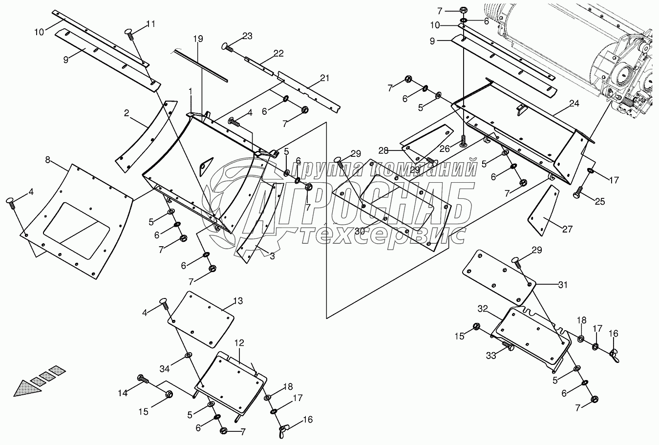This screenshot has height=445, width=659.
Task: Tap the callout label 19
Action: (197, 38)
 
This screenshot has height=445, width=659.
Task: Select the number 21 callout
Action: (325, 78)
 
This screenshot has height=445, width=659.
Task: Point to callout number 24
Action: (574, 104)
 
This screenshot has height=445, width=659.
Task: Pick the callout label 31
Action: (563, 285)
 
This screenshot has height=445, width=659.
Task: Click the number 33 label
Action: (491, 356)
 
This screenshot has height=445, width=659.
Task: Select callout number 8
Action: (47, 159)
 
